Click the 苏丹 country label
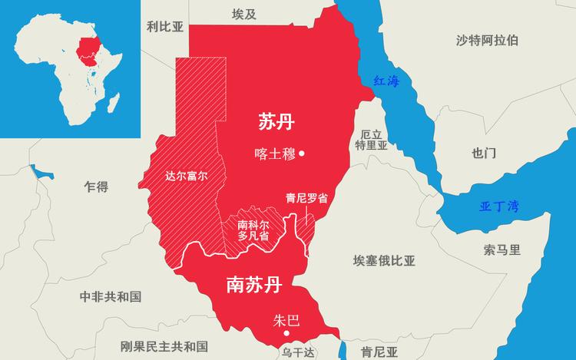pyautogui.click(x=276, y=121)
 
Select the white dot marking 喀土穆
pyautogui.click(x=302, y=154)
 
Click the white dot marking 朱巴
pyautogui.click(x=286, y=334)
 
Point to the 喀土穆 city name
pyautogui.click(x=274, y=154)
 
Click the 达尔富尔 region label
pyautogui.click(x=187, y=175)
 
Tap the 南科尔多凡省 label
pyautogui.click(x=253, y=230)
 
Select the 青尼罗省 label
pyautogui.click(x=306, y=197)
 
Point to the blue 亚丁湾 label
pyautogui.click(x=499, y=206)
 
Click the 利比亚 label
pyautogui.click(x=165, y=27)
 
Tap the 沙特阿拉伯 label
pyautogui.click(x=486, y=40)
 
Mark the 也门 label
pyautogui.click(x=484, y=153)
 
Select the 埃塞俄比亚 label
pyautogui.click(x=384, y=260)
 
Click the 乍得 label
pyautogui.click(x=96, y=187)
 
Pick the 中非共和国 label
pyautogui.click(x=111, y=296)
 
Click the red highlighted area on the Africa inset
pyautogui.click(x=89, y=48)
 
